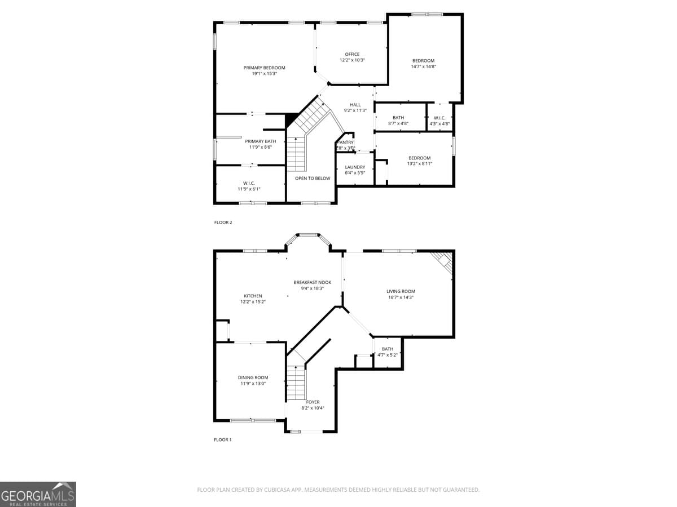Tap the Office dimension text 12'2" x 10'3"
point(352,60)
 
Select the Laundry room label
point(355,167)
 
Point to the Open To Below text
point(313,179)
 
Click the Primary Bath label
point(260,141)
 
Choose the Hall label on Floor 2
point(355,105)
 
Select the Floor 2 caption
point(223,223)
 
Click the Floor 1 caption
point(222,440)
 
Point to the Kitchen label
point(253,296)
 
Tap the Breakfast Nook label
point(312,283)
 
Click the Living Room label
point(401,291)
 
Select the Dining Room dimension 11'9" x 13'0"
point(253,384)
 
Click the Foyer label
point(313,402)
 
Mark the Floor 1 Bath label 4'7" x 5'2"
point(388,352)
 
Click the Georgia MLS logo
point(38,494)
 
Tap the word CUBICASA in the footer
point(279,490)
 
